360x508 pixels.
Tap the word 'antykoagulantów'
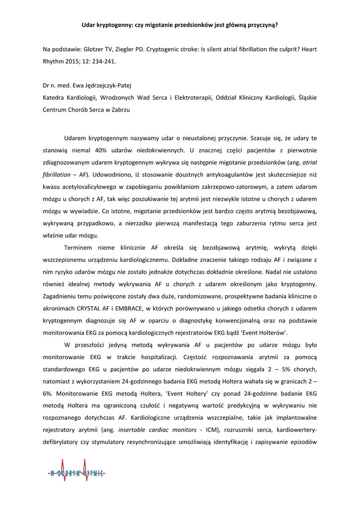coord(212,175)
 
